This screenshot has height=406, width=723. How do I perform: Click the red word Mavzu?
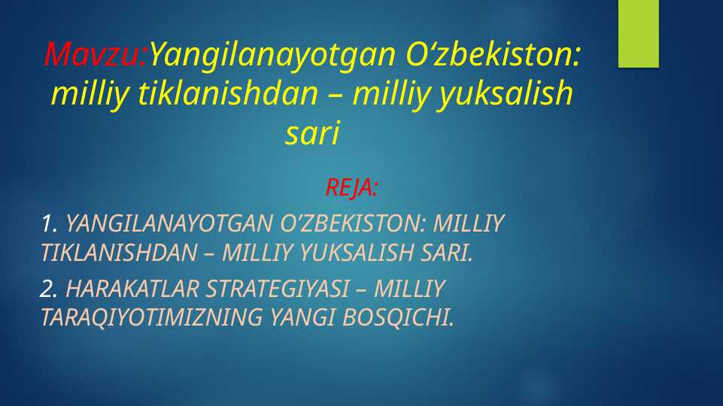click(96, 54)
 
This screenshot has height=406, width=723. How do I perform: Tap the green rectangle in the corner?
click(638, 34)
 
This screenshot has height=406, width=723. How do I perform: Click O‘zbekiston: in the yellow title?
click(493, 54)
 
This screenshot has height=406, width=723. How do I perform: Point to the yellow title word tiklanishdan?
click(228, 92)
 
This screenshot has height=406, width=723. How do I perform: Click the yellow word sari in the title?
click(312, 133)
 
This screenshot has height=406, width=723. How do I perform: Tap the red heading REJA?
click(352, 187)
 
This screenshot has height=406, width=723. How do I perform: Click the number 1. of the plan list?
click(50, 223)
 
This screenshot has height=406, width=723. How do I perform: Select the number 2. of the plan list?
click(49, 289)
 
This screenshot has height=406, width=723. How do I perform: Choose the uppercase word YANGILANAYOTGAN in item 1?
click(169, 223)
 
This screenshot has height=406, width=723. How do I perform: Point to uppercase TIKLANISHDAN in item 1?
click(120, 253)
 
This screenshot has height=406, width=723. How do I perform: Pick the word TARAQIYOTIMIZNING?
click(151, 317)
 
